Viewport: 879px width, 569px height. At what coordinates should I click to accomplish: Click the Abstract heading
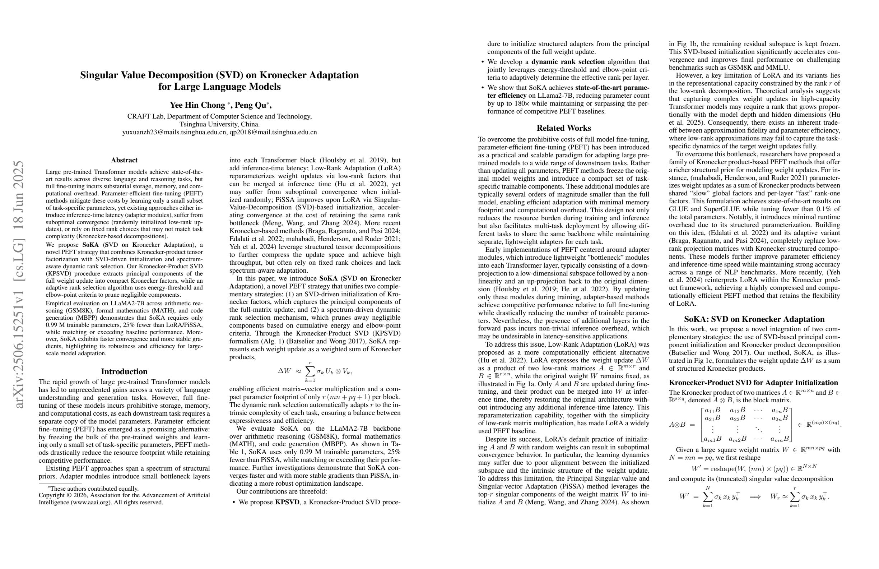pyautogui.click(x=124, y=160)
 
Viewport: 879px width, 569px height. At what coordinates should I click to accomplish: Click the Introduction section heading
pyautogui.click(x=124, y=371)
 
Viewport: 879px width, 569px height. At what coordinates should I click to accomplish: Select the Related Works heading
pyautogui.click(x=564, y=128)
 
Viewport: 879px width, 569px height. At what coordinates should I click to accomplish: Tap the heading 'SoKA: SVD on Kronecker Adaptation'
pyautogui.click(x=754, y=319)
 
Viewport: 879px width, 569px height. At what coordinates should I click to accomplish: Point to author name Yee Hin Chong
pyautogui.click(x=197, y=105)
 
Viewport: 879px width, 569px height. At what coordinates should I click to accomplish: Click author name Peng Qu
pyautogui.click(x=250, y=105)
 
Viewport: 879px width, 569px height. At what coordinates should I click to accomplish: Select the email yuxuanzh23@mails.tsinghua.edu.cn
pyautogui.click(x=174, y=132)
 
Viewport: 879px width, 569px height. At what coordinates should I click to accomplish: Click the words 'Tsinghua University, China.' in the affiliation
pyautogui.click(x=219, y=124)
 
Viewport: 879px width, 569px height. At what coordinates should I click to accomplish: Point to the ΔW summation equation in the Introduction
pyautogui.click(x=315, y=371)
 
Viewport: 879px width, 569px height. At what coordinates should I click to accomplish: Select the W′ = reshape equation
pyautogui.click(x=754, y=468)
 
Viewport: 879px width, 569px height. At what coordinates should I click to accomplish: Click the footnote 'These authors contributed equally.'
pyautogui.click(x=94, y=489)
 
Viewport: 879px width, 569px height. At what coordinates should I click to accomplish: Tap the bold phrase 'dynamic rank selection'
pyautogui.click(x=568, y=62)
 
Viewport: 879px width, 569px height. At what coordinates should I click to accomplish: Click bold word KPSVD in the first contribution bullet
pyautogui.click(x=287, y=502)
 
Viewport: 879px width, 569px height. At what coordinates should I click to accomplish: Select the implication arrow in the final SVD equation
pyautogui.click(x=755, y=496)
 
